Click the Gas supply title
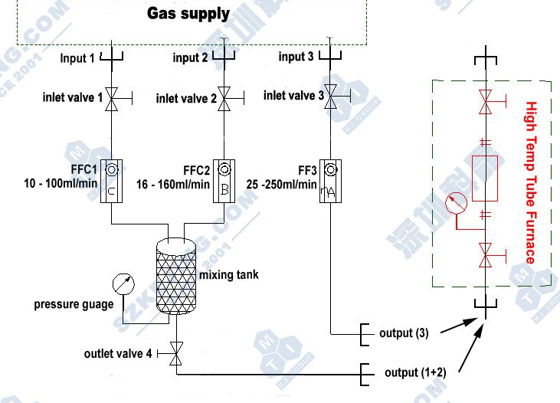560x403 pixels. pos(188,14)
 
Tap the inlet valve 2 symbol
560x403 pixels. pos(224,97)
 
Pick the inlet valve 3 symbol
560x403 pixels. pos(331,94)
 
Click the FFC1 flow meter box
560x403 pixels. pos(111,182)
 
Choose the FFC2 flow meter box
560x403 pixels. pos(224,182)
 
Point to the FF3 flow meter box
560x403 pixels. pos(331,182)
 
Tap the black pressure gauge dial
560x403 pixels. pos(122,284)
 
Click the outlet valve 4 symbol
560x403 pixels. pos(177,353)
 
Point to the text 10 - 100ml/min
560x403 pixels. pos(61,184)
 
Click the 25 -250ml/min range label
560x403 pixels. pos(282,185)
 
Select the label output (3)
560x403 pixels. pos(405,333)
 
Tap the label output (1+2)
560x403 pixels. pos(415,373)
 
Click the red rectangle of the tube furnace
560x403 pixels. pos(484,177)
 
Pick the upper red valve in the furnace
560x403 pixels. pos(484,103)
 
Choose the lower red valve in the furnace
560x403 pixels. pos(484,254)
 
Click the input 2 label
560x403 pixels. pos(191,58)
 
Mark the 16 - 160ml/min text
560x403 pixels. pos(175,184)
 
